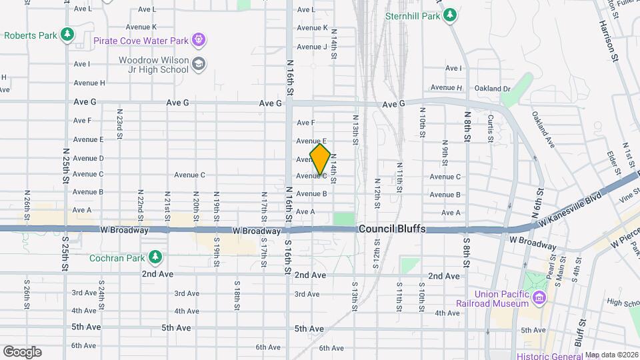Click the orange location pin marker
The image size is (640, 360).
(321, 159)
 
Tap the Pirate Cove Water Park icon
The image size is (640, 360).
(198, 40)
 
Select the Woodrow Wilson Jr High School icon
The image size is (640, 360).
(198, 64)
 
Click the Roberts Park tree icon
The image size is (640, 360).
(66, 34)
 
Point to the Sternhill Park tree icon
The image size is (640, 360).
(451, 15)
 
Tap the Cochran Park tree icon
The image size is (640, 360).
(155, 257)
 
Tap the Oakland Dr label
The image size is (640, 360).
(492, 89)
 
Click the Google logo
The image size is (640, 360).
(22, 351)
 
